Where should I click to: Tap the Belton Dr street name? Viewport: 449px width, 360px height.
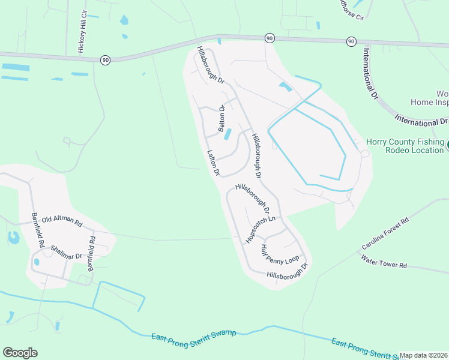221,119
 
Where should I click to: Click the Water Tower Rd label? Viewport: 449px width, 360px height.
384,262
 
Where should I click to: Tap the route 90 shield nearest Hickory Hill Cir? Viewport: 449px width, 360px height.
106,59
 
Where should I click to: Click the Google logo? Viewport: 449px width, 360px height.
20,353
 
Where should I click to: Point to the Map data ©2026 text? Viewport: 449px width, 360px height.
424,355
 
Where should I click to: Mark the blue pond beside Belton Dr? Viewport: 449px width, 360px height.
228,135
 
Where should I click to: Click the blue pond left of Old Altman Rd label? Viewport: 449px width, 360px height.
13,238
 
